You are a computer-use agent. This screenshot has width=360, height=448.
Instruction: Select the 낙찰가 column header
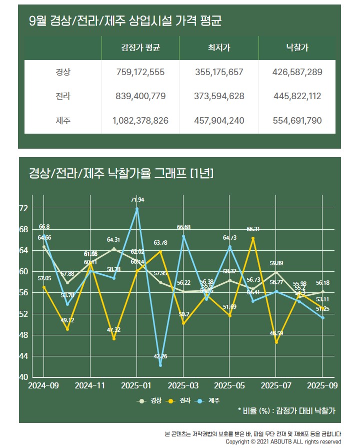click(297, 48)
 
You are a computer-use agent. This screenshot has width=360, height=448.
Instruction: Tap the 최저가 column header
click(218, 48)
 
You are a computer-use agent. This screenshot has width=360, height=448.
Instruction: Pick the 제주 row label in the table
click(63, 121)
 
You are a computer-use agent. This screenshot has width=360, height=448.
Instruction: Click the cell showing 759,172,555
click(140, 72)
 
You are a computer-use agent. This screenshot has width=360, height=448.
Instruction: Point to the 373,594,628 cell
click(218, 96)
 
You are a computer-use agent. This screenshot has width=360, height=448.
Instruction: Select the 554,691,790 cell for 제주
click(297, 121)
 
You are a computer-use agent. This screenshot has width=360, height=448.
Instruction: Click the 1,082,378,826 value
click(140, 121)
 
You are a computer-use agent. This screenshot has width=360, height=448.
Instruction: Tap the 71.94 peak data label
click(137, 200)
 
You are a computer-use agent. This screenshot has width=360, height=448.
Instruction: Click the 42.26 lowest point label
click(160, 356)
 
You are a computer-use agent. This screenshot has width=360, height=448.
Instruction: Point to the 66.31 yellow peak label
click(253, 229)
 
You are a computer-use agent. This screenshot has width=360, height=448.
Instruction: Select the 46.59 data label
click(276, 333)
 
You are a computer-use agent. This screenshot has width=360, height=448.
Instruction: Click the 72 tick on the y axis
click(23, 208)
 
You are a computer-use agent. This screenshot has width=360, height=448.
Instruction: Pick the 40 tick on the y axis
click(23, 377)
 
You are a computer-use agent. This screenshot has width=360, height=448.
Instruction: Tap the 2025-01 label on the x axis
click(136, 386)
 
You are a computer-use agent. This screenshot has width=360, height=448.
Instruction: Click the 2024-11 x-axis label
click(90, 386)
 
